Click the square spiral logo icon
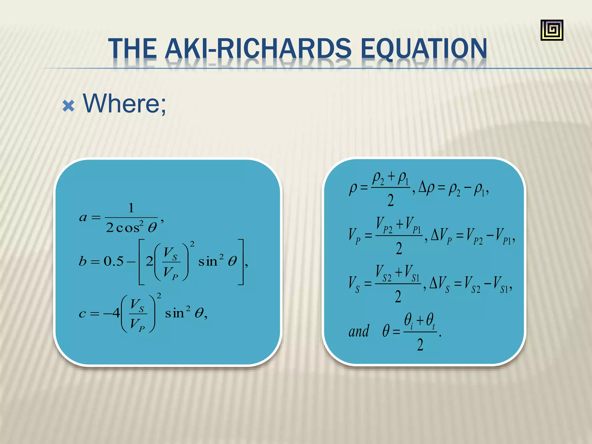pyautogui.click(x=552, y=30)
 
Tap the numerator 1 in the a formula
pyautogui.click(x=131, y=208)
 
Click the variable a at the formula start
pyautogui.click(x=83, y=217)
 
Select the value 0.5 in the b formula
pyautogui.click(x=114, y=261)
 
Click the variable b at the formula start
pyautogui.click(x=83, y=261)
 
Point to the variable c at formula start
pyautogui.click(x=82, y=314)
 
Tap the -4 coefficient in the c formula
pyautogui.click(x=112, y=313)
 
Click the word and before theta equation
pyautogui.click(x=359, y=331)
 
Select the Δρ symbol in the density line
pyautogui.click(x=426, y=188)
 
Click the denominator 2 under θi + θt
pyautogui.click(x=420, y=345)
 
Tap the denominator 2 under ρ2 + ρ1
pyautogui.click(x=391, y=200)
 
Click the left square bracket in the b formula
pyautogui.click(x=142, y=262)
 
